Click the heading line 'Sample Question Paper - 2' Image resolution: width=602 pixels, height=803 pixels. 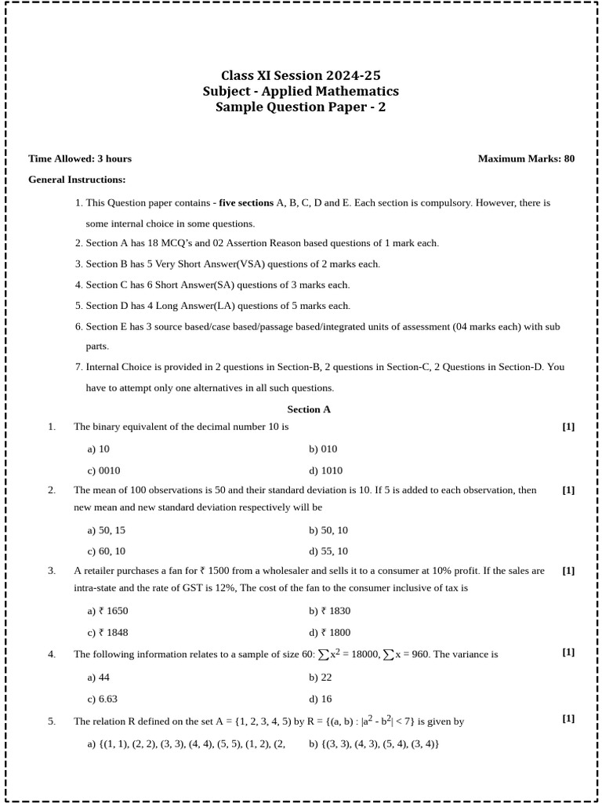301,107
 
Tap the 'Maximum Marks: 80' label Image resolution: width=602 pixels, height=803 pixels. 526,158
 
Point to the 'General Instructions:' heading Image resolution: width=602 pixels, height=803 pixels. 77,180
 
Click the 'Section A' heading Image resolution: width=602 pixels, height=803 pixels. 309,409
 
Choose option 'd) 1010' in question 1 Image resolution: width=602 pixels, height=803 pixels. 325,471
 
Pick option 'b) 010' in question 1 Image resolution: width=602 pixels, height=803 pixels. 323,449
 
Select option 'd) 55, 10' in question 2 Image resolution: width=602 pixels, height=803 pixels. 328,551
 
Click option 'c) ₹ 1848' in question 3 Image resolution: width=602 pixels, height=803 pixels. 107,633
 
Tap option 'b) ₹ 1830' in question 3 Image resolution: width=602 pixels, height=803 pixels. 329,611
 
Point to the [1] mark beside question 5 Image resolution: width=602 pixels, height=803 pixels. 568,718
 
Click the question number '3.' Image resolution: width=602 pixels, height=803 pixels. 52,571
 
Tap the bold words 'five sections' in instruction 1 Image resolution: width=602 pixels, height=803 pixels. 246,202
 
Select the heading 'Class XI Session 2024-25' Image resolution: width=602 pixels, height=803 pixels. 301,76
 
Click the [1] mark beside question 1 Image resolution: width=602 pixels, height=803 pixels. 568,427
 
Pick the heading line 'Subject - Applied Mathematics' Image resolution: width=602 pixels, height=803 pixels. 301,92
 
